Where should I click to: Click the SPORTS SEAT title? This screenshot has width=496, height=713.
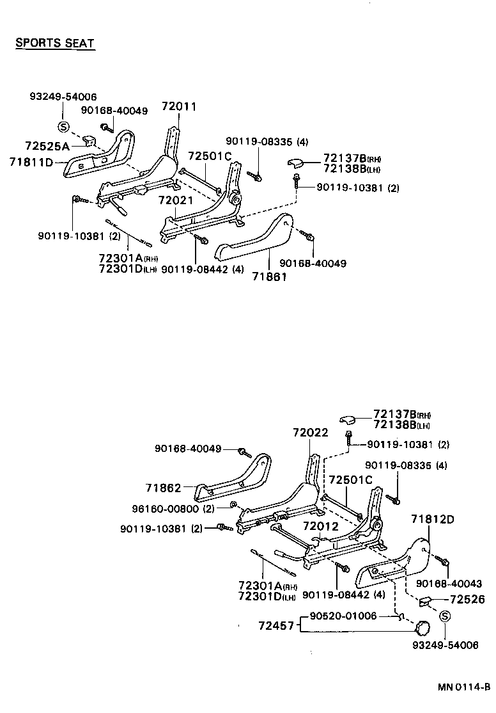55,44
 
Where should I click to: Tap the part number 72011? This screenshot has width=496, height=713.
179,107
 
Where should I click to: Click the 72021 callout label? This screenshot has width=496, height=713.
176,201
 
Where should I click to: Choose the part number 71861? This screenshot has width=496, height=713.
268,276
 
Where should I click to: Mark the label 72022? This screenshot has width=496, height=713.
311,433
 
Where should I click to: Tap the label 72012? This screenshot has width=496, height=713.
320,526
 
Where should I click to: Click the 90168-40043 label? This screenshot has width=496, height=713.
449,584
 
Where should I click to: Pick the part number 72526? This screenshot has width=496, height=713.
467,600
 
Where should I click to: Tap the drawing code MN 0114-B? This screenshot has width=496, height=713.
464,688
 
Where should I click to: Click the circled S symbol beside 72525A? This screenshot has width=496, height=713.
63,126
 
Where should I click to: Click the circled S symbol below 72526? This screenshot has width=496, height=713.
446,616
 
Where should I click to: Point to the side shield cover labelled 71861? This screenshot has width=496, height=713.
256,237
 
